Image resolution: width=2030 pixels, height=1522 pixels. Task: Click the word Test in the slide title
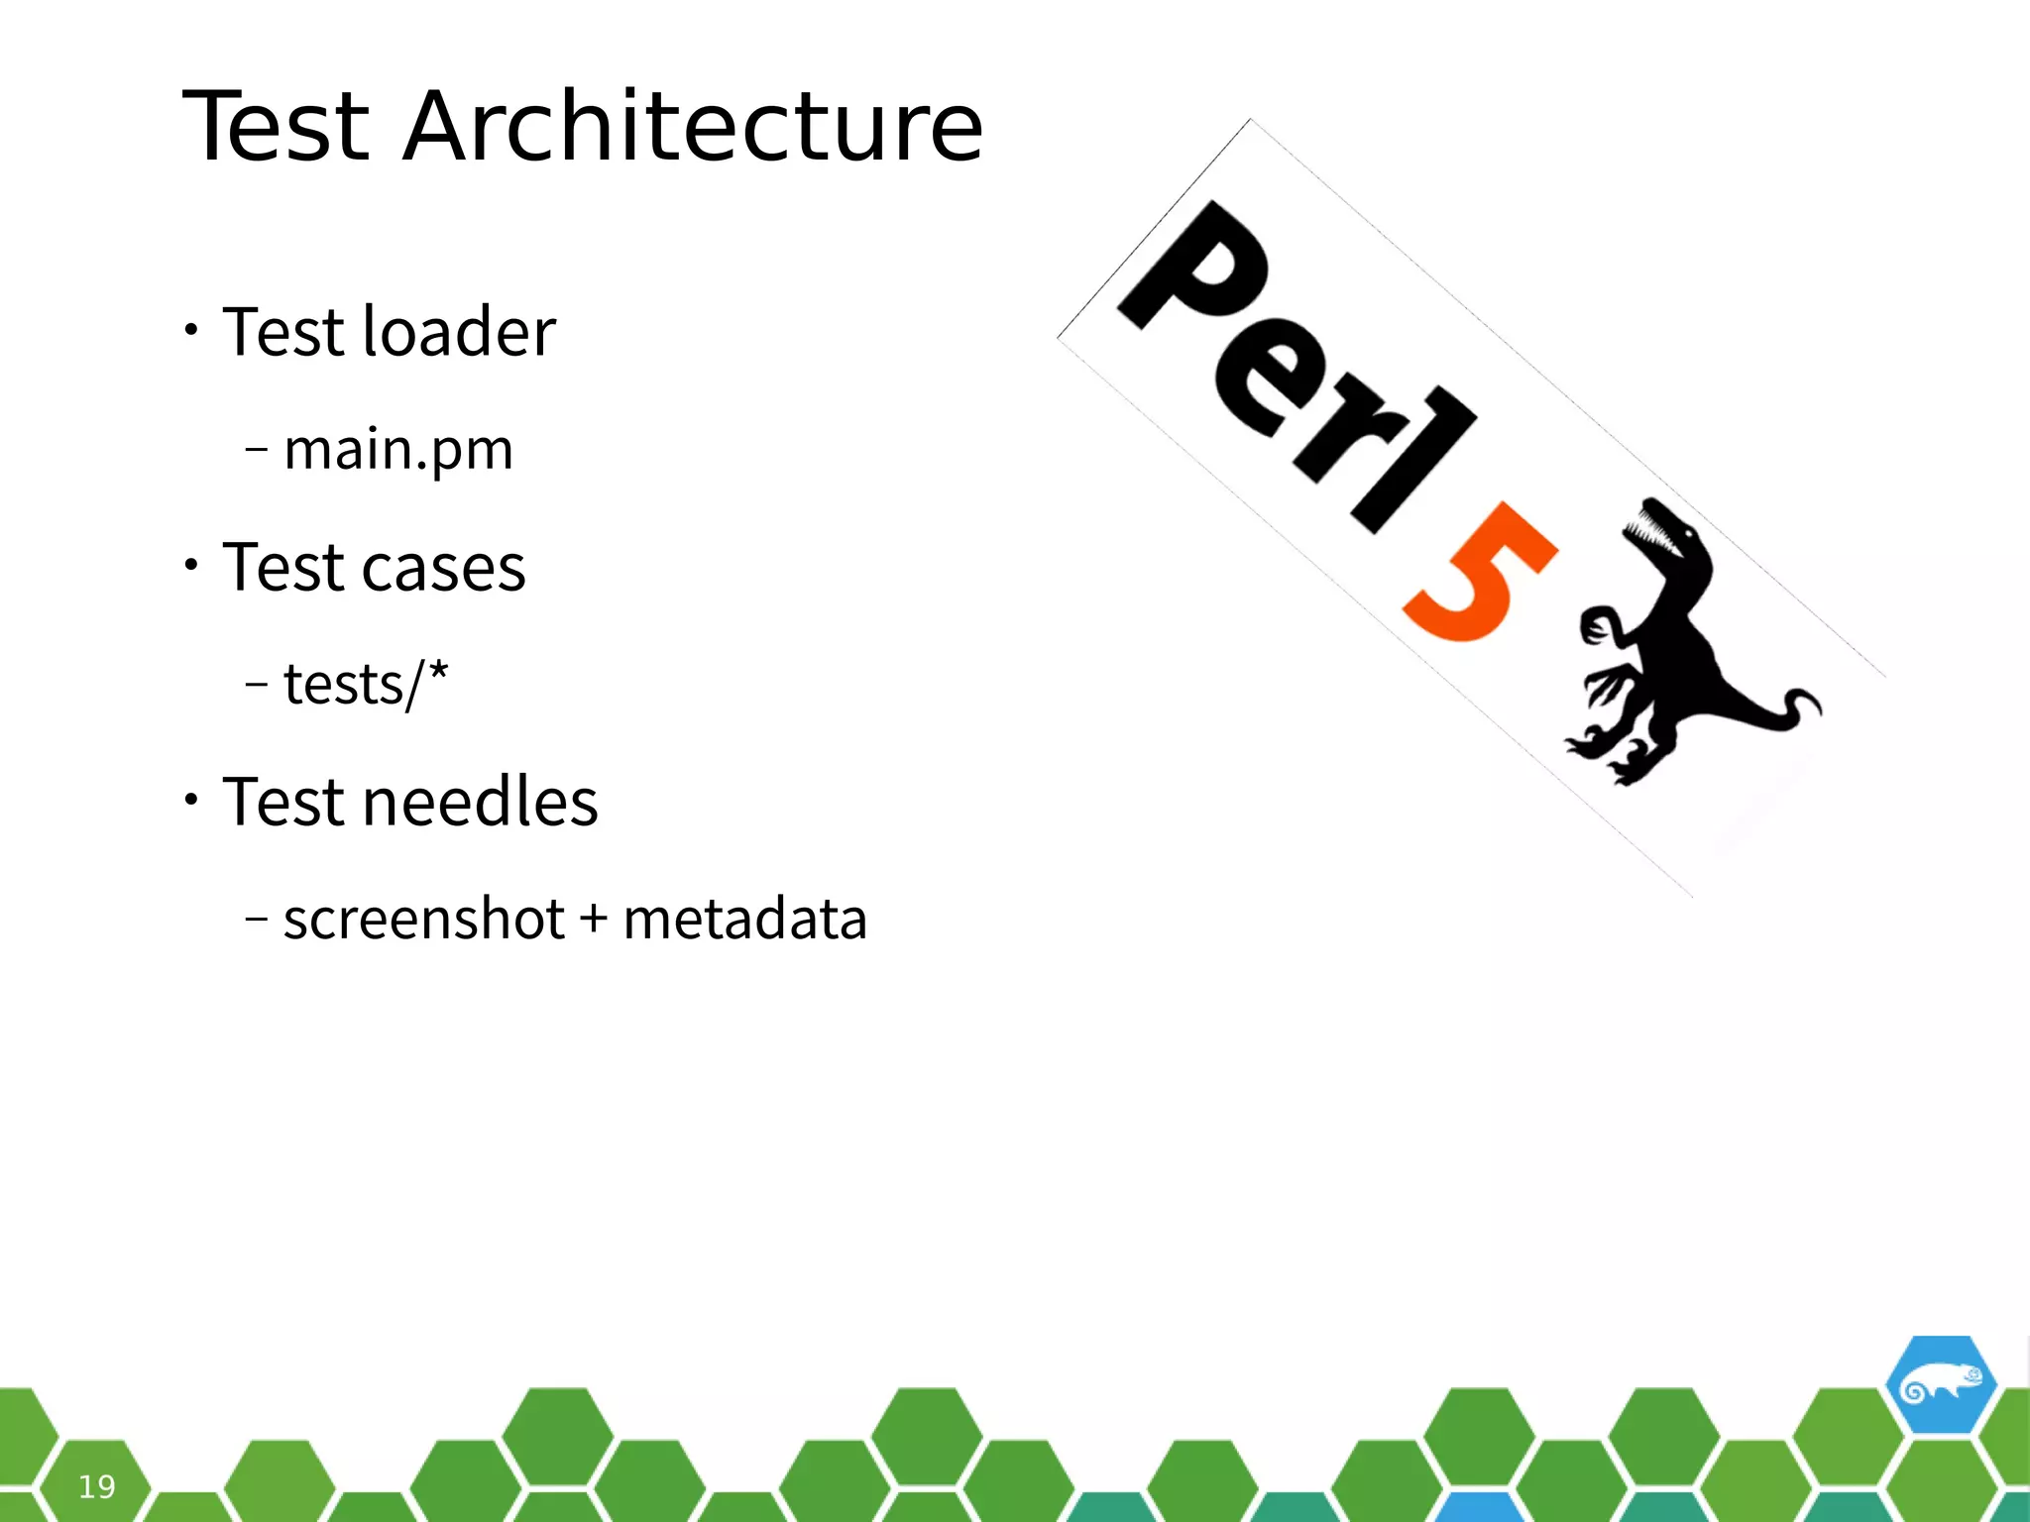(277, 127)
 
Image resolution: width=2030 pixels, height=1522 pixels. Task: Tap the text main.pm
(398, 449)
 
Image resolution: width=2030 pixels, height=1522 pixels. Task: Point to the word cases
(443, 568)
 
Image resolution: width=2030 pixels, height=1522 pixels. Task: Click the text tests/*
(366, 684)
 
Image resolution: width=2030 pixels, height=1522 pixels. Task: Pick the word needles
(480, 802)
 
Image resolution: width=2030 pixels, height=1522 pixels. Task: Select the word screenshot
(423, 919)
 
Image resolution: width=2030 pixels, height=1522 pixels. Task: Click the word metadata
(744, 919)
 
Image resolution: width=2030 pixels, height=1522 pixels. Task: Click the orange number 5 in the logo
(1477, 575)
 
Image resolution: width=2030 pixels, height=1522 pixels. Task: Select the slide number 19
(97, 1486)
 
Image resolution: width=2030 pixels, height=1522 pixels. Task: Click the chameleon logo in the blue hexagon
(1940, 1386)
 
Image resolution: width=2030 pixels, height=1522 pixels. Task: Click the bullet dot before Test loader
(191, 330)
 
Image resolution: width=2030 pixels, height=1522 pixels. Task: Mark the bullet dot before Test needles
(191, 800)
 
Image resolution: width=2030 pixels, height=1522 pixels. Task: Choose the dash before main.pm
(256, 449)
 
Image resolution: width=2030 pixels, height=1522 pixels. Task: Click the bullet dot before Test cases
(191, 565)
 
